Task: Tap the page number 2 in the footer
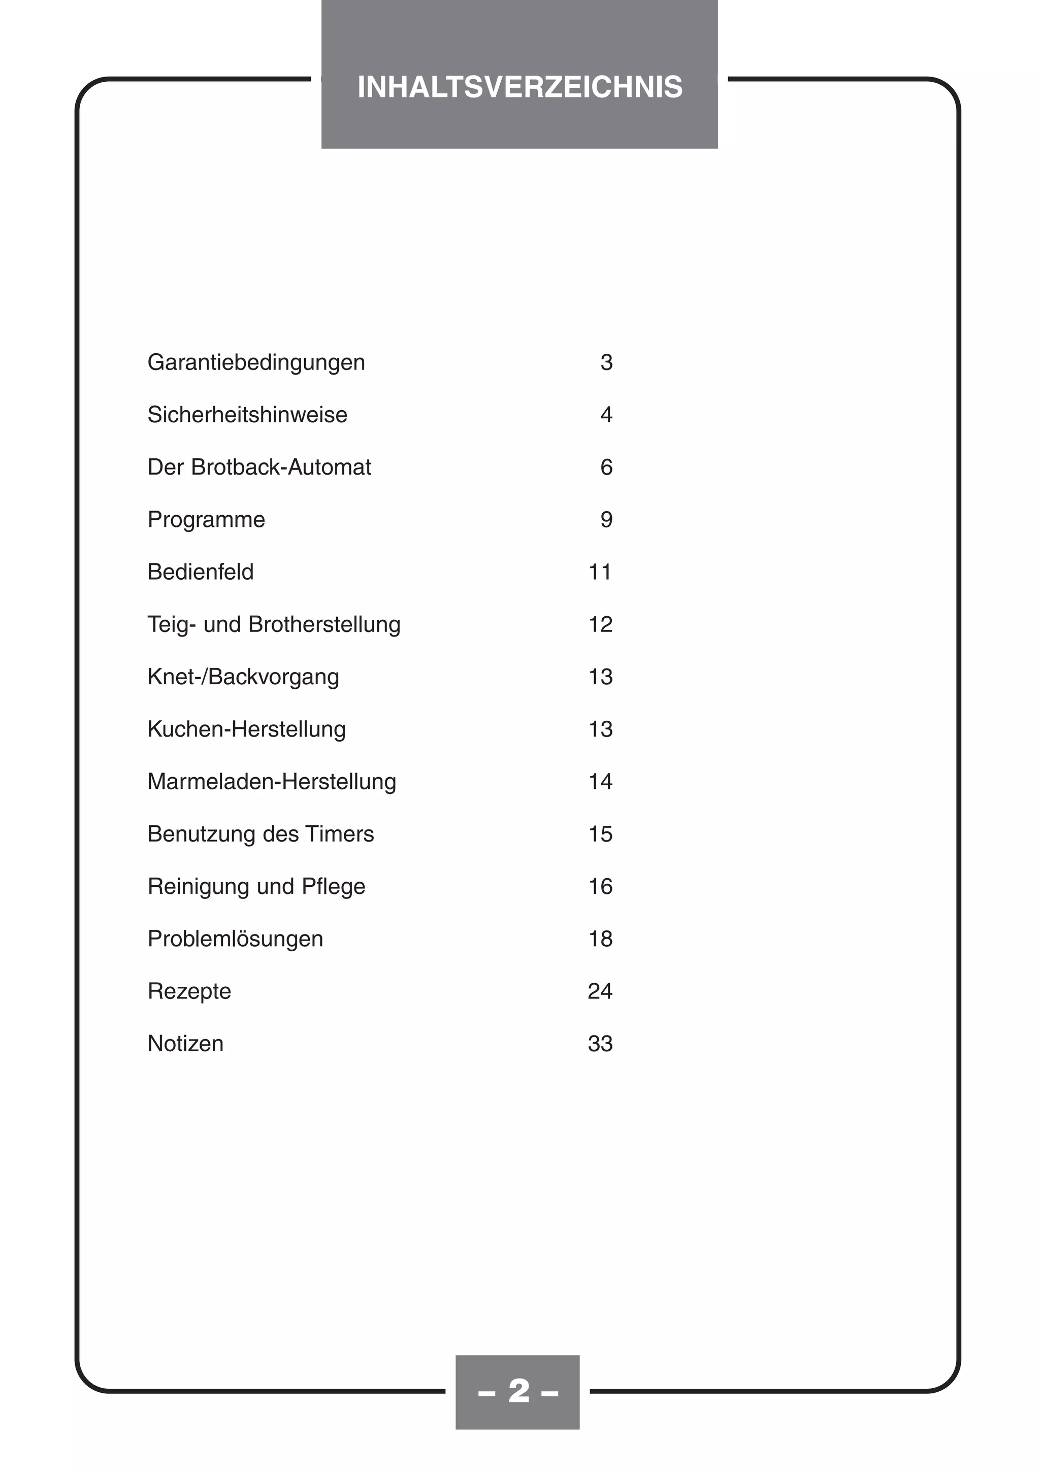518,1390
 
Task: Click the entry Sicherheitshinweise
247,415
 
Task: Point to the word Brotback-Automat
281,467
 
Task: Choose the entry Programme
206,520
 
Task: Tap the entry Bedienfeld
201,572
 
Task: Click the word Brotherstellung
324,624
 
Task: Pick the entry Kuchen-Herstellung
246,729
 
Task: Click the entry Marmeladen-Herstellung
272,782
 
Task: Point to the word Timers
340,834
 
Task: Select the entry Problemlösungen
235,939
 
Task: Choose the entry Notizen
185,1044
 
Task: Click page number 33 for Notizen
600,1044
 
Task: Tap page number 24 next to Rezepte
600,991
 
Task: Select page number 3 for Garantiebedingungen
606,362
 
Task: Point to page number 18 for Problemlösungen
600,939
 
